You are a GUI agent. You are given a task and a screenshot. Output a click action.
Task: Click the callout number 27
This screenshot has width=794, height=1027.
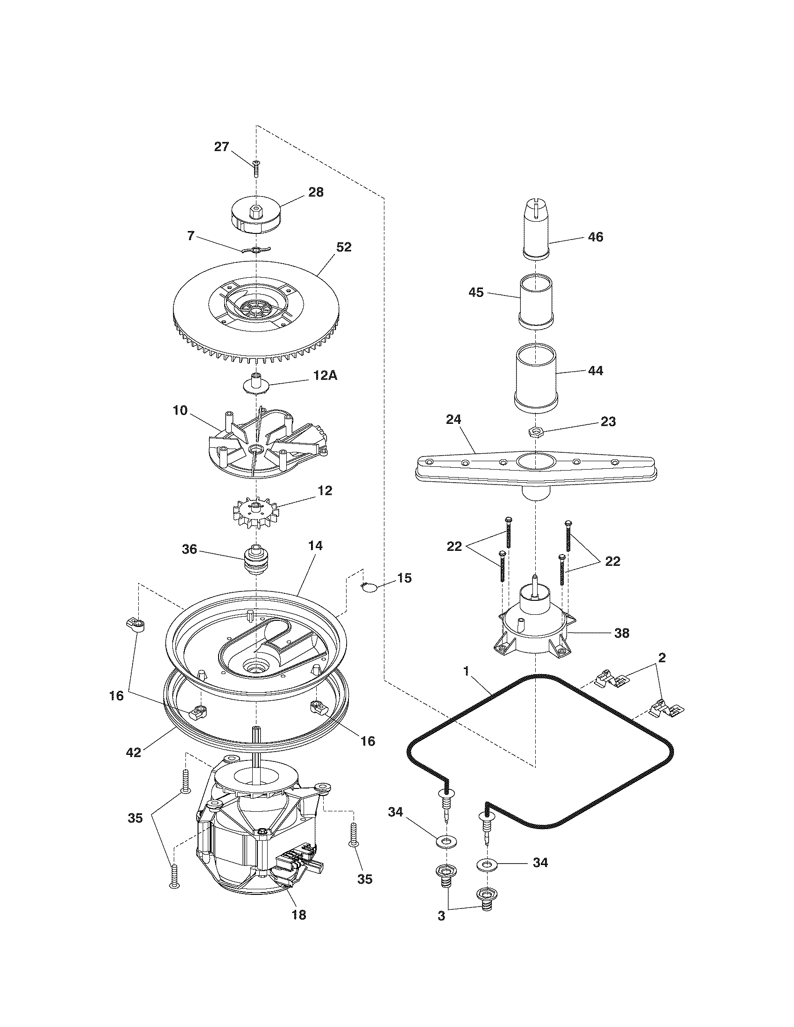(x=221, y=147)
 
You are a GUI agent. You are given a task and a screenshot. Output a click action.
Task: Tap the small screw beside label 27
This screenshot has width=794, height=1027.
(x=256, y=168)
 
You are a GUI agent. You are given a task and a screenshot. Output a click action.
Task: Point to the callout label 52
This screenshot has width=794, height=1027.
(x=344, y=247)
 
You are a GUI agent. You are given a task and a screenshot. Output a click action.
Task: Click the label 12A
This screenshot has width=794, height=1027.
(x=324, y=376)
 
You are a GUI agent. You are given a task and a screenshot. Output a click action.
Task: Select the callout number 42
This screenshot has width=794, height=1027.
(x=134, y=753)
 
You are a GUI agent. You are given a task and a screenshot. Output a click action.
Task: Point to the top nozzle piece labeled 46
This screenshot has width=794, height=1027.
(x=537, y=229)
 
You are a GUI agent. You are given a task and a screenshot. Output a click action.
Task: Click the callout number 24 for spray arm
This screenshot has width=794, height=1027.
(x=454, y=420)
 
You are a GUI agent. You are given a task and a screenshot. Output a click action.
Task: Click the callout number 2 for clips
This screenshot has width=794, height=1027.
(x=662, y=658)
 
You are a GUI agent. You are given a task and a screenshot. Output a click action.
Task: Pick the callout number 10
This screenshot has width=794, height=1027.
(x=180, y=411)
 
